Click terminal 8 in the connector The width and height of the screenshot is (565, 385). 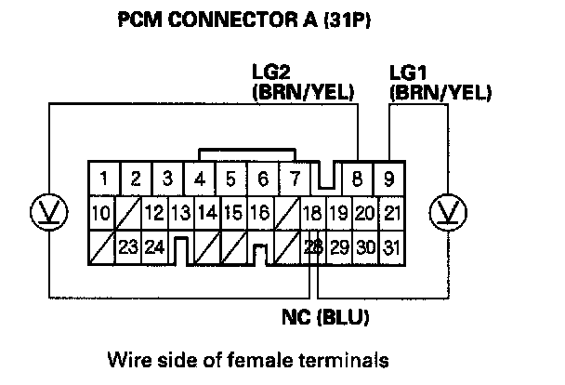point(359,177)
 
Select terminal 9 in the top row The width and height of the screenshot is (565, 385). point(390,177)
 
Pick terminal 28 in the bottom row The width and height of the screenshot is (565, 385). point(313,246)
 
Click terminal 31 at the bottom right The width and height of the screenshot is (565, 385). point(391,246)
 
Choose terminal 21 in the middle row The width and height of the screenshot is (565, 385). point(391,212)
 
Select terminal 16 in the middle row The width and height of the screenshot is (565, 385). point(260,212)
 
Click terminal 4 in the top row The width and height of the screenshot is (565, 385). point(200,178)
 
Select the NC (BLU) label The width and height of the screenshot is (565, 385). point(324,317)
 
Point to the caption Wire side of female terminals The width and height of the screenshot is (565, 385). point(232,358)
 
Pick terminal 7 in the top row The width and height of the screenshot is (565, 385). point(295,178)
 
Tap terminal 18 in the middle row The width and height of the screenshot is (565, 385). point(313,212)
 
